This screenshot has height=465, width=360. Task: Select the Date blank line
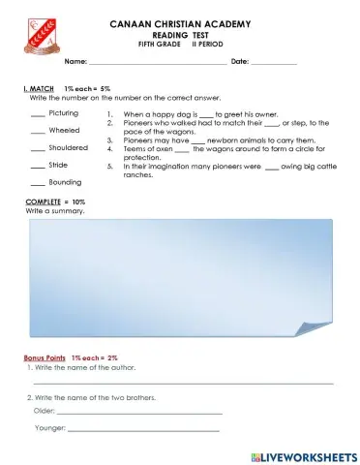click(273, 62)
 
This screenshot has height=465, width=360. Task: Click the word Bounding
click(65, 182)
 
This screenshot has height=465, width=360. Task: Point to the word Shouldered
click(69, 147)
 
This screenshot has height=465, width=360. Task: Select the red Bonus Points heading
click(45, 357)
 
